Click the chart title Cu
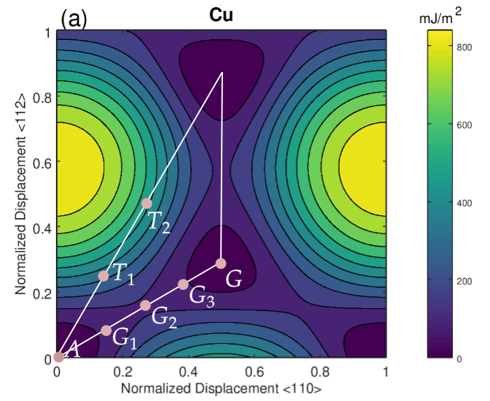[x=221, y=15]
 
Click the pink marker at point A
[x=59, y=357]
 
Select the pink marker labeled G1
[x=106, y=330]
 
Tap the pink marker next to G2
[x=145, y=305]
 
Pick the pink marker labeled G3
[x=183, y=284]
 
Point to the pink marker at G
[x=221, y=263]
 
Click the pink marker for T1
[x=103, y=276]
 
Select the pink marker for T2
[x=147, y=203]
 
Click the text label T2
[x=159, y=223]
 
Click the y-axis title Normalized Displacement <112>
[x=21, y=195]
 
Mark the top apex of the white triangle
[x=222, y=72]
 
